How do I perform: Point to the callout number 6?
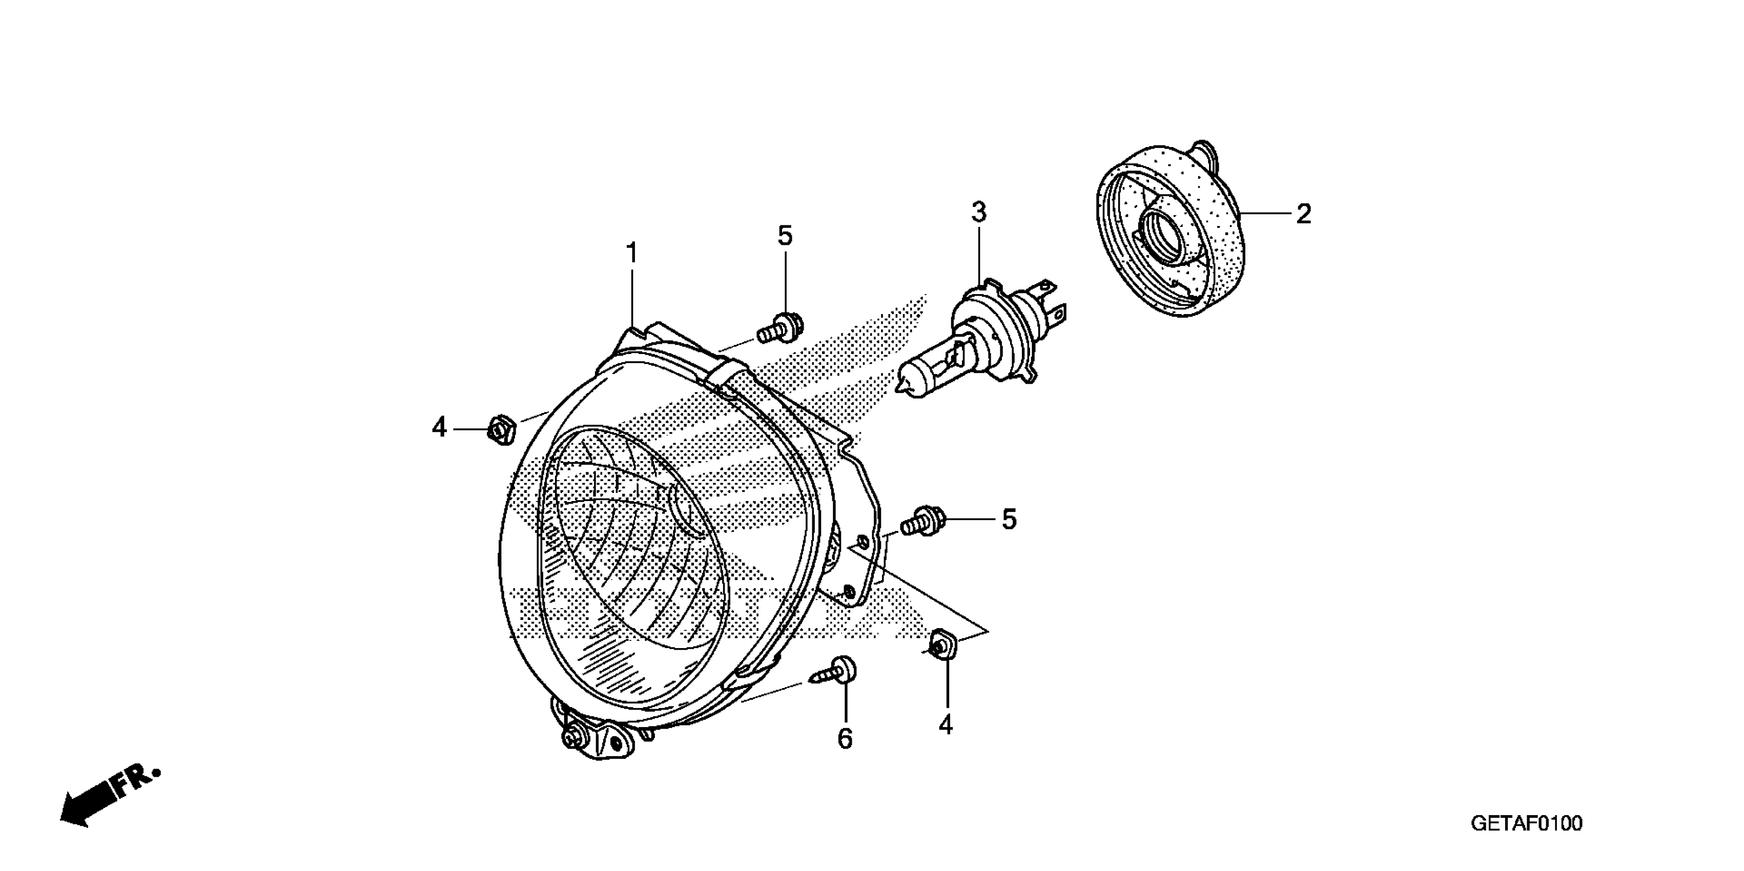point(845,739)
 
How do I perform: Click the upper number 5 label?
point(785,236)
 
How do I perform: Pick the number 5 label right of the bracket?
point(1009,520)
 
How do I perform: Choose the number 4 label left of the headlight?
point(439,428)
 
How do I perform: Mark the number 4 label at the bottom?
point(945,725)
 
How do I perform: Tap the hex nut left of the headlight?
point(502,428)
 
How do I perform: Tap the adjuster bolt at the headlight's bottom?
point(574,738)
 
